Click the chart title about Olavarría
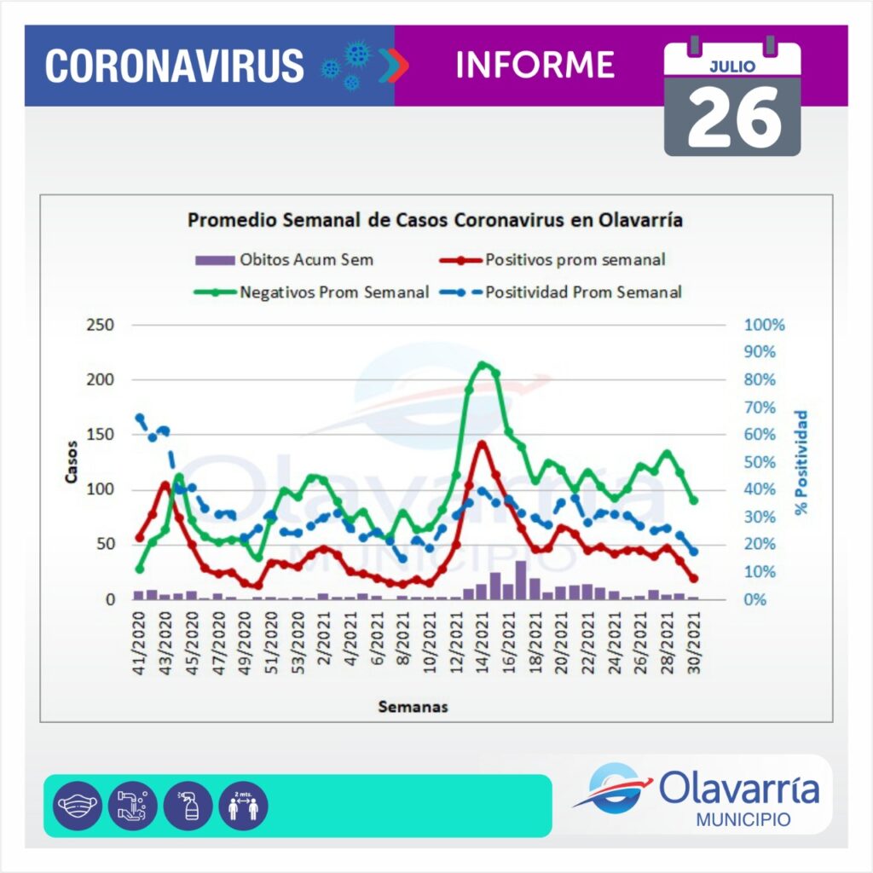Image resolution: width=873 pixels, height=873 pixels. pos(435,220)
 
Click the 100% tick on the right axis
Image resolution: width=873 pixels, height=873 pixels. pos(764,325)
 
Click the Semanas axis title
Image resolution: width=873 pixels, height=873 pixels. pos(413,707)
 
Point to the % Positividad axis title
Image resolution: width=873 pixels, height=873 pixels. pos(801,463)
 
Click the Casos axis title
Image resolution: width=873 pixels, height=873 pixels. pos(72,461)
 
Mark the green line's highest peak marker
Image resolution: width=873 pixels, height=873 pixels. pos(483,365)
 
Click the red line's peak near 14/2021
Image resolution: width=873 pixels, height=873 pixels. pos(483,443)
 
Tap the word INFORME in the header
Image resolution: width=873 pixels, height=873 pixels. pos(535,65)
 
